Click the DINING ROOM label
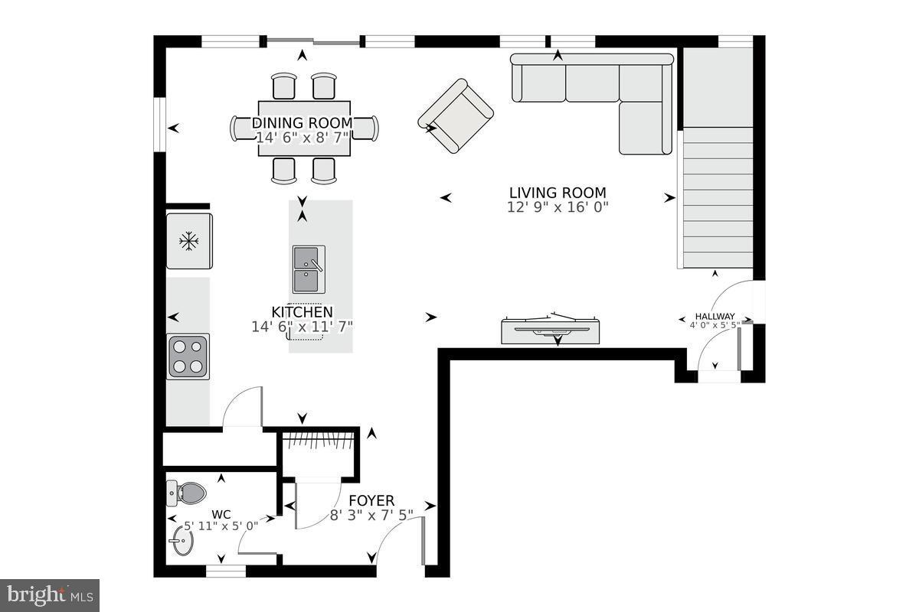(303, 123)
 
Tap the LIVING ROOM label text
(558, 193)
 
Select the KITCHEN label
(303, 312)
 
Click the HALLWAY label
(715, 316)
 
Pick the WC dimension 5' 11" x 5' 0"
(221, 526)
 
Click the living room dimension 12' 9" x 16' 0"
(558, 207)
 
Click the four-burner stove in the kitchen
(188, 356)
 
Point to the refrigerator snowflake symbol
(188, 242)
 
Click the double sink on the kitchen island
(308, 269)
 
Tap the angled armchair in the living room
(456, 116)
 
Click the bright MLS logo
(50, 594)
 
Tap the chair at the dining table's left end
(240, 129)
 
